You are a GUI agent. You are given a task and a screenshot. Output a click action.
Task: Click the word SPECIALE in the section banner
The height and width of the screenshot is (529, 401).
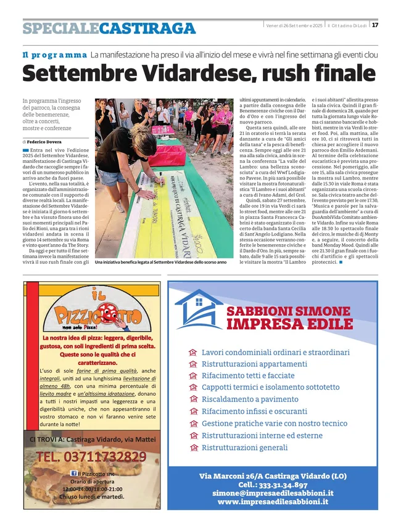point(60,28)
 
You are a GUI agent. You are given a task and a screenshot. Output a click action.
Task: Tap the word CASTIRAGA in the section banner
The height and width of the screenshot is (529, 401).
point(147,28)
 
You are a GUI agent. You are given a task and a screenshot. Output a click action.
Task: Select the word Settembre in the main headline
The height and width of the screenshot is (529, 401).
point(75,73)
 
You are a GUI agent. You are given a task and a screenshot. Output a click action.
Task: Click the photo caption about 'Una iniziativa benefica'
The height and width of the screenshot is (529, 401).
point(160,262)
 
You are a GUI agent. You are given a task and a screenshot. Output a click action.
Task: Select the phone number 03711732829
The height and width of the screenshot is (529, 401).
point(91,457)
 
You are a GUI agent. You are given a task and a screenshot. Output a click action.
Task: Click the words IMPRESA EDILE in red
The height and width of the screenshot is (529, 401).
point(288,324)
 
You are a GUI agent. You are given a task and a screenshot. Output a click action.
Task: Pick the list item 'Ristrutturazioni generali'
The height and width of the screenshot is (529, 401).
point(245,447)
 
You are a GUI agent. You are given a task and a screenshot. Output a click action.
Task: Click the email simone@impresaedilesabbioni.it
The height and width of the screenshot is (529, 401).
point(273,493)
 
